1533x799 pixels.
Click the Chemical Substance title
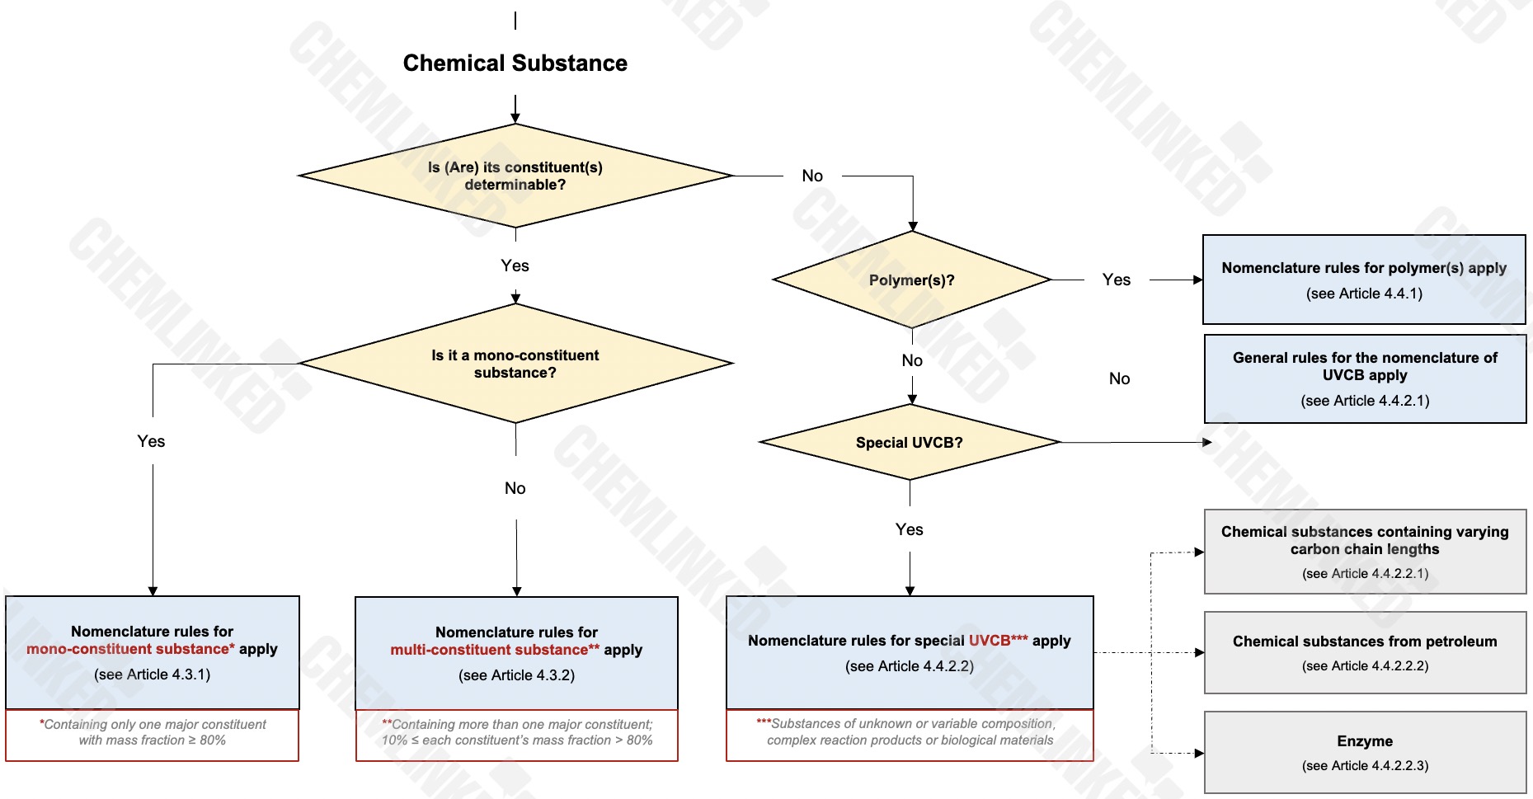[515, 63]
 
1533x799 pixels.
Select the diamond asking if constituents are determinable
[515, 176]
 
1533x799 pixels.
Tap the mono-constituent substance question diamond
[515, 364]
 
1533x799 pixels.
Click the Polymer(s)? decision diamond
[911, 280]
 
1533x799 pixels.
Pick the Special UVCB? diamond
[909, 443]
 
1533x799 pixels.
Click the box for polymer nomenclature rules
[1364, 280]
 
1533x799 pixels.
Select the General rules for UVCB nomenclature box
[1365, 378]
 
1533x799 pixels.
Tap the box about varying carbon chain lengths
[1365, 551]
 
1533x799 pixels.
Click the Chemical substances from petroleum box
[1365, 652]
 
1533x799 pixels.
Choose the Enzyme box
[1365, 752]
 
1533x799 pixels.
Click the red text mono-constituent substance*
[130, 649]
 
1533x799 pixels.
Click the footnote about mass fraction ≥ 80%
[153, 733]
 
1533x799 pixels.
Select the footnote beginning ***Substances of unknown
[909, 732]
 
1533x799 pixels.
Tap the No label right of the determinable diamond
[812, 176]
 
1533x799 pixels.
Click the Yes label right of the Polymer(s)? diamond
[1116, 280]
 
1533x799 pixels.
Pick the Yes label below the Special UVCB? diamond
[909, 529]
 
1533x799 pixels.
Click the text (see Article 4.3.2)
[516, 675]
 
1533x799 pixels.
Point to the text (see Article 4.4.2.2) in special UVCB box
[909, 666]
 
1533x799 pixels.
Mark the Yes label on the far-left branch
[151, 441]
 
